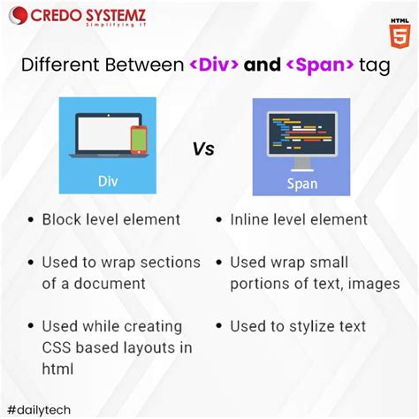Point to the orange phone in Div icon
tap(139, 139)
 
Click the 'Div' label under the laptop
tap(107, 181)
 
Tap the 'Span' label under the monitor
tap(301, 183)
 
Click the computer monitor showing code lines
tap(301, 138)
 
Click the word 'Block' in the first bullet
tap(61, 219)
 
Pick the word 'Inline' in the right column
tap(252, 219)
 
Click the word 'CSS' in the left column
tap(57, 347)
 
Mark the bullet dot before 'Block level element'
tap(30, 220)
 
